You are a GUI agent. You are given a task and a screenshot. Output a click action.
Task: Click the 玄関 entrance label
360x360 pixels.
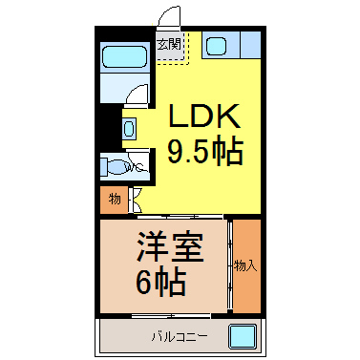pyautogui.click(x=169, y=44)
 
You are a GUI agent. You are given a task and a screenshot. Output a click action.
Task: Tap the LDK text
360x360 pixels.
pyautogui.click(x=204, y=116)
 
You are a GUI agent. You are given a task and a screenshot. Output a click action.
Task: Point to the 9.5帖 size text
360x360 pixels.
pyautogui.click(x=205, y=152)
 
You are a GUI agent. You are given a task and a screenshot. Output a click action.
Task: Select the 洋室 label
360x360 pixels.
pyautogui.click(x=170, y=248)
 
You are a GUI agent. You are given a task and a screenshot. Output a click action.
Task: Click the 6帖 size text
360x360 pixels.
pyautogui.click(x=161, y=283)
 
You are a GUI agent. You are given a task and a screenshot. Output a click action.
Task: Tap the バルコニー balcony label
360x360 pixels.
pyautogui.click(x=180, y=336)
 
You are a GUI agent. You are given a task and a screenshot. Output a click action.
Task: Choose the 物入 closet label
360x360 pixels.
pyautogui.click(x=245, y=265)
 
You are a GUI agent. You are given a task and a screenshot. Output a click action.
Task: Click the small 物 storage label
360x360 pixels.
pyautogui.click(x=115, y=200)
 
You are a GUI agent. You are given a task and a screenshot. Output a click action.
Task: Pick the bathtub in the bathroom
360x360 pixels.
pyautogui.click(x=124, y=56)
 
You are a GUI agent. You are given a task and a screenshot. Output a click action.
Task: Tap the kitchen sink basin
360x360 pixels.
pyautogui.click(x=216, y=46)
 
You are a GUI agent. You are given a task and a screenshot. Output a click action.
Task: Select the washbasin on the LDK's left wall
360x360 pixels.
pyautogui.click(x=129, y=129)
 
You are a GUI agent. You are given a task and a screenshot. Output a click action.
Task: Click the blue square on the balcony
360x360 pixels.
pyautogui.click(x=243, y=336)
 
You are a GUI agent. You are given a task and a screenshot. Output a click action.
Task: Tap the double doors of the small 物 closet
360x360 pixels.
pyautogui.click(x=135, y=200)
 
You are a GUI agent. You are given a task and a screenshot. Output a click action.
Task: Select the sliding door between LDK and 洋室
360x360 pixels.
pyautogui.click(x=180, y=217)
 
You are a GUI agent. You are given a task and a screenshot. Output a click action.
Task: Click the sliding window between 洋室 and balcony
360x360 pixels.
pyautogui.click(x=171, y=316)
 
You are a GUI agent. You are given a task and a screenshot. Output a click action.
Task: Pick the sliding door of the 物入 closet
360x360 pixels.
pyautogui.click(x=230, y=265)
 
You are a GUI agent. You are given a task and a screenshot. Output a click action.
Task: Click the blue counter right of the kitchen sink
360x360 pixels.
pyautogui.click(x=251, y=45)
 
